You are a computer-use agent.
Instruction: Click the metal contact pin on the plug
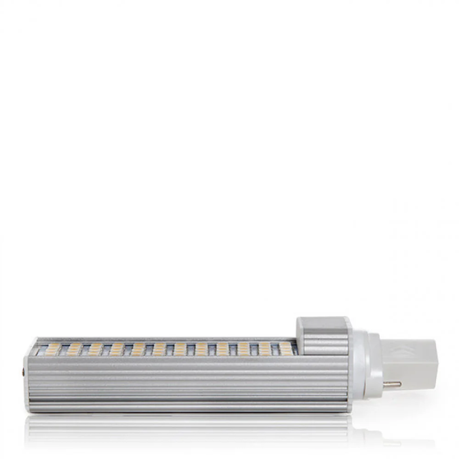[392, 384]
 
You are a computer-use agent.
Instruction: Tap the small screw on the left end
[23, 372]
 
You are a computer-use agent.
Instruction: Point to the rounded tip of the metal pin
[400, 384]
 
